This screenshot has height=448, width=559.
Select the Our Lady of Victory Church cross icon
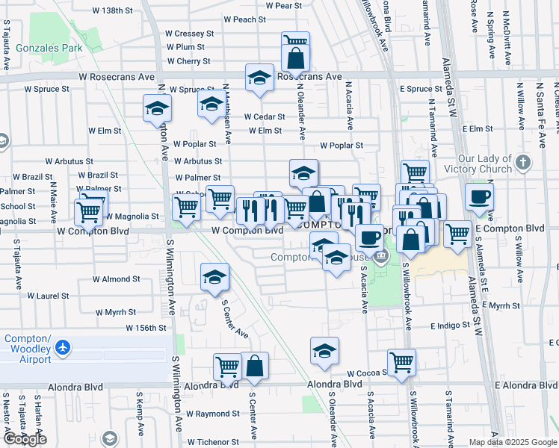[x=522, y=161]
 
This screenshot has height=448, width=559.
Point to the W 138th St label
[x=111, y=11]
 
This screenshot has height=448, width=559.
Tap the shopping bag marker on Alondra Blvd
[x=254, y=366]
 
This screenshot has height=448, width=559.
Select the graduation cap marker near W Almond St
[x=214, y=277]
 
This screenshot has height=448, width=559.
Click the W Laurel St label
[x=112, y=296]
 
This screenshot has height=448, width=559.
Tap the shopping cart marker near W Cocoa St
[x=402, y=362]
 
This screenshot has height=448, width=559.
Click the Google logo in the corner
[x=25, y=438]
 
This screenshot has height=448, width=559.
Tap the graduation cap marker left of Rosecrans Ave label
[x=259, y=78]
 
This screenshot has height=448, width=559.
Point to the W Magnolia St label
[x=133, y=217]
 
